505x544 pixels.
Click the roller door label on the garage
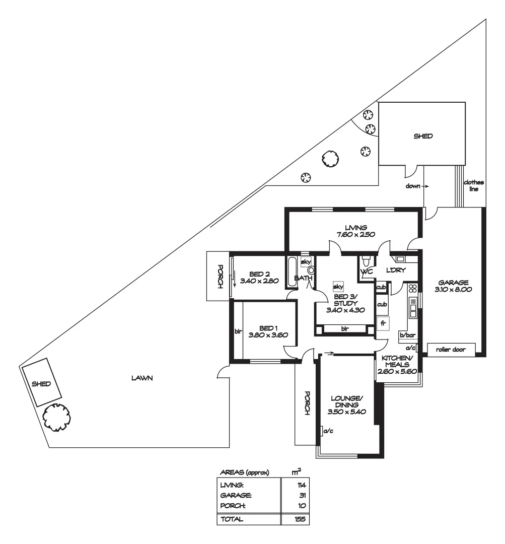click(451, 349)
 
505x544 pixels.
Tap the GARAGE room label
click(453, 282)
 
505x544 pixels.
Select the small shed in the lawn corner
click(41, 383)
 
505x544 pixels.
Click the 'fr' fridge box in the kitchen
click(383, 323)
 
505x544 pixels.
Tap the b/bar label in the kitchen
click(407, 334)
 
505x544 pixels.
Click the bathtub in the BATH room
click(292, 272)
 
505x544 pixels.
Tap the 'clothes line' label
click(474, 185)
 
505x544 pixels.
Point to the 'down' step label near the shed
click(413, 186)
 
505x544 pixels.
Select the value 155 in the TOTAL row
click(300, 519)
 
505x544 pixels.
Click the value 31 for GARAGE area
click(302, 495)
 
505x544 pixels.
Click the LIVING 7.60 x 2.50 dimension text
click(352, 234)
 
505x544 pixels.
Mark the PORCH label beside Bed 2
click(220, 276)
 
